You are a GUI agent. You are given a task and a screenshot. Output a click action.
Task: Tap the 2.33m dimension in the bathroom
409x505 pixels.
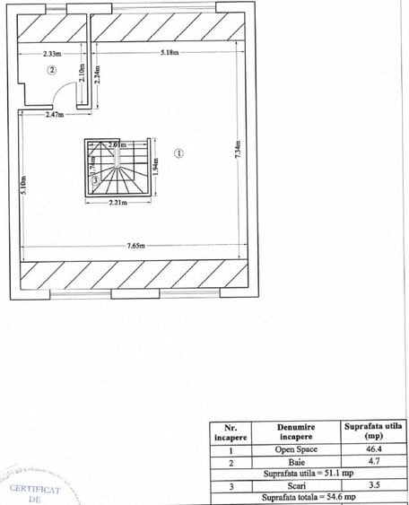click(x=52, y=53)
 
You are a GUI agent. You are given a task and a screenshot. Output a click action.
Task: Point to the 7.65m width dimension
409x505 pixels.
click(x=136, y=246)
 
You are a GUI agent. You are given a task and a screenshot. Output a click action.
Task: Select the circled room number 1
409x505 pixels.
click(x=178, y=152)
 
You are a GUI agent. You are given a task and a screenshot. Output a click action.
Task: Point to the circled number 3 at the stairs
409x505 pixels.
click(x=95, y=180)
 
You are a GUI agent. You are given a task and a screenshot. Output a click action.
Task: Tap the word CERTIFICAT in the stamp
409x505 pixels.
click(x=35, y=489)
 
